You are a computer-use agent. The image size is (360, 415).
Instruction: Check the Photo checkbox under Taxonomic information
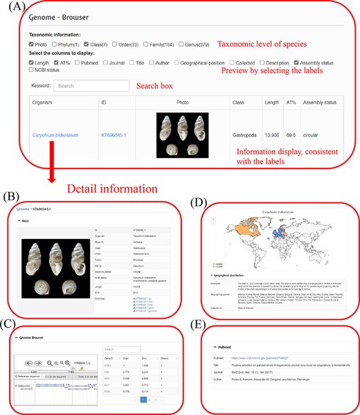pyautogui.click(x=32, y=44)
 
